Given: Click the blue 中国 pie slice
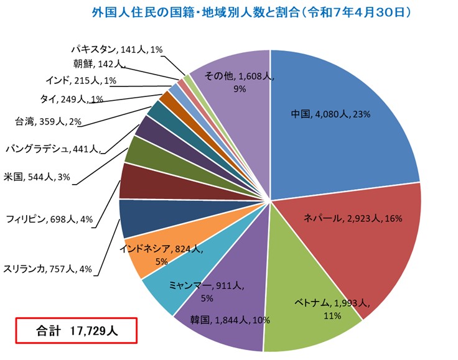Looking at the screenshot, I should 336,118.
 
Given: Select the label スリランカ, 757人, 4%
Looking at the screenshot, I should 48,269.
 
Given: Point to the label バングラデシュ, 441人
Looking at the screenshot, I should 52,149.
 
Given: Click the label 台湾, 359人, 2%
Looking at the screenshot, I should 47,122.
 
